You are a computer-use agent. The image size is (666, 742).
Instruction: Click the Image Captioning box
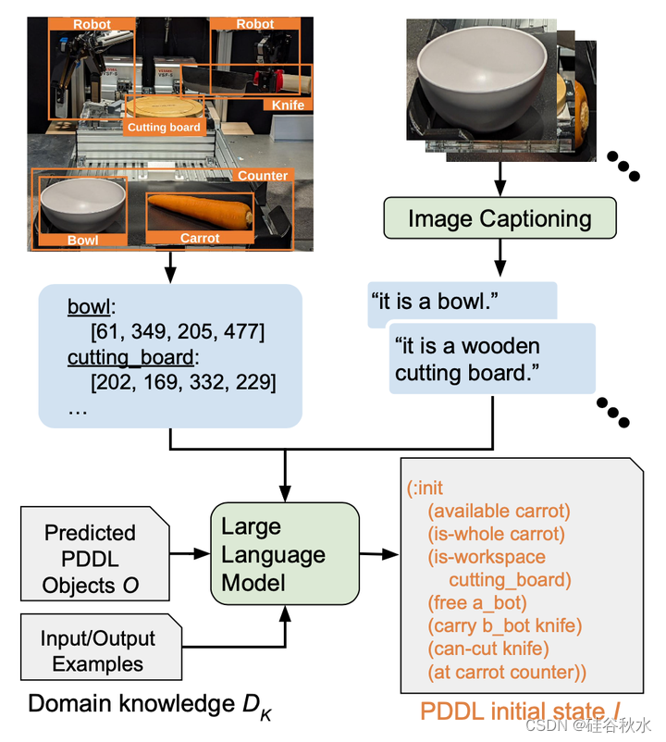pyautogui.click(x=499, y=219)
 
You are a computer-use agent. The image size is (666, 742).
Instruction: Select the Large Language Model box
pyautogui.click(x=284, y=554)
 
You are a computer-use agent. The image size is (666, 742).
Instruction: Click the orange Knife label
pyautogui.click(x=288, y=105)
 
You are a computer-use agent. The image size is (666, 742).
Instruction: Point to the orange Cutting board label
pyautogui.click(x=164, y=127)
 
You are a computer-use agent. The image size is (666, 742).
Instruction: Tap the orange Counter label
pyautogui.click(x=262, y=176)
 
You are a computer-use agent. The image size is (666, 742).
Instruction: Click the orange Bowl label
pyautogui.click(x=82, y=240)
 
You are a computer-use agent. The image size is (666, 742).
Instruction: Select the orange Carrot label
pyautogui.click(x=199, y=239)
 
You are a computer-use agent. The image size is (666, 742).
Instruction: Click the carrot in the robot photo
pyautogui.click(x=202, y=211)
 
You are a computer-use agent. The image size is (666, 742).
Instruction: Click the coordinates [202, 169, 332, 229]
pyautogui.click(x=184, y=380)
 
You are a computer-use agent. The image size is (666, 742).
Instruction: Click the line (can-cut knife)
pyautogui.click(x=487, y=649)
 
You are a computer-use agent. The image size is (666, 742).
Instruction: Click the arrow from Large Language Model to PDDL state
pyautogui.click(x=379, y=554)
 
